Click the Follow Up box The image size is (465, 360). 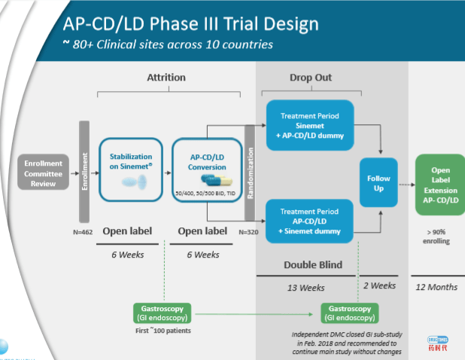click(x=378, y=183)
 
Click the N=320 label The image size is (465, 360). click(x=250, y=232)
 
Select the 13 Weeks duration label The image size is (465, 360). click(x=306, y=288)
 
